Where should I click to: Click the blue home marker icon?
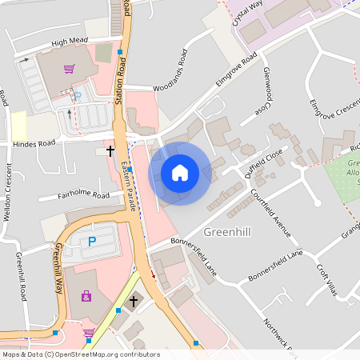(180, 173)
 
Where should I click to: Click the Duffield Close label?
(264, 163)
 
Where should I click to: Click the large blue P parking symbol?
(91, 241)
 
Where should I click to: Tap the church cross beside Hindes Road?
(110, 150)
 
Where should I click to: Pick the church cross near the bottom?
(134, 302)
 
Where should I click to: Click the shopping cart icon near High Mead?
(69, 68)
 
